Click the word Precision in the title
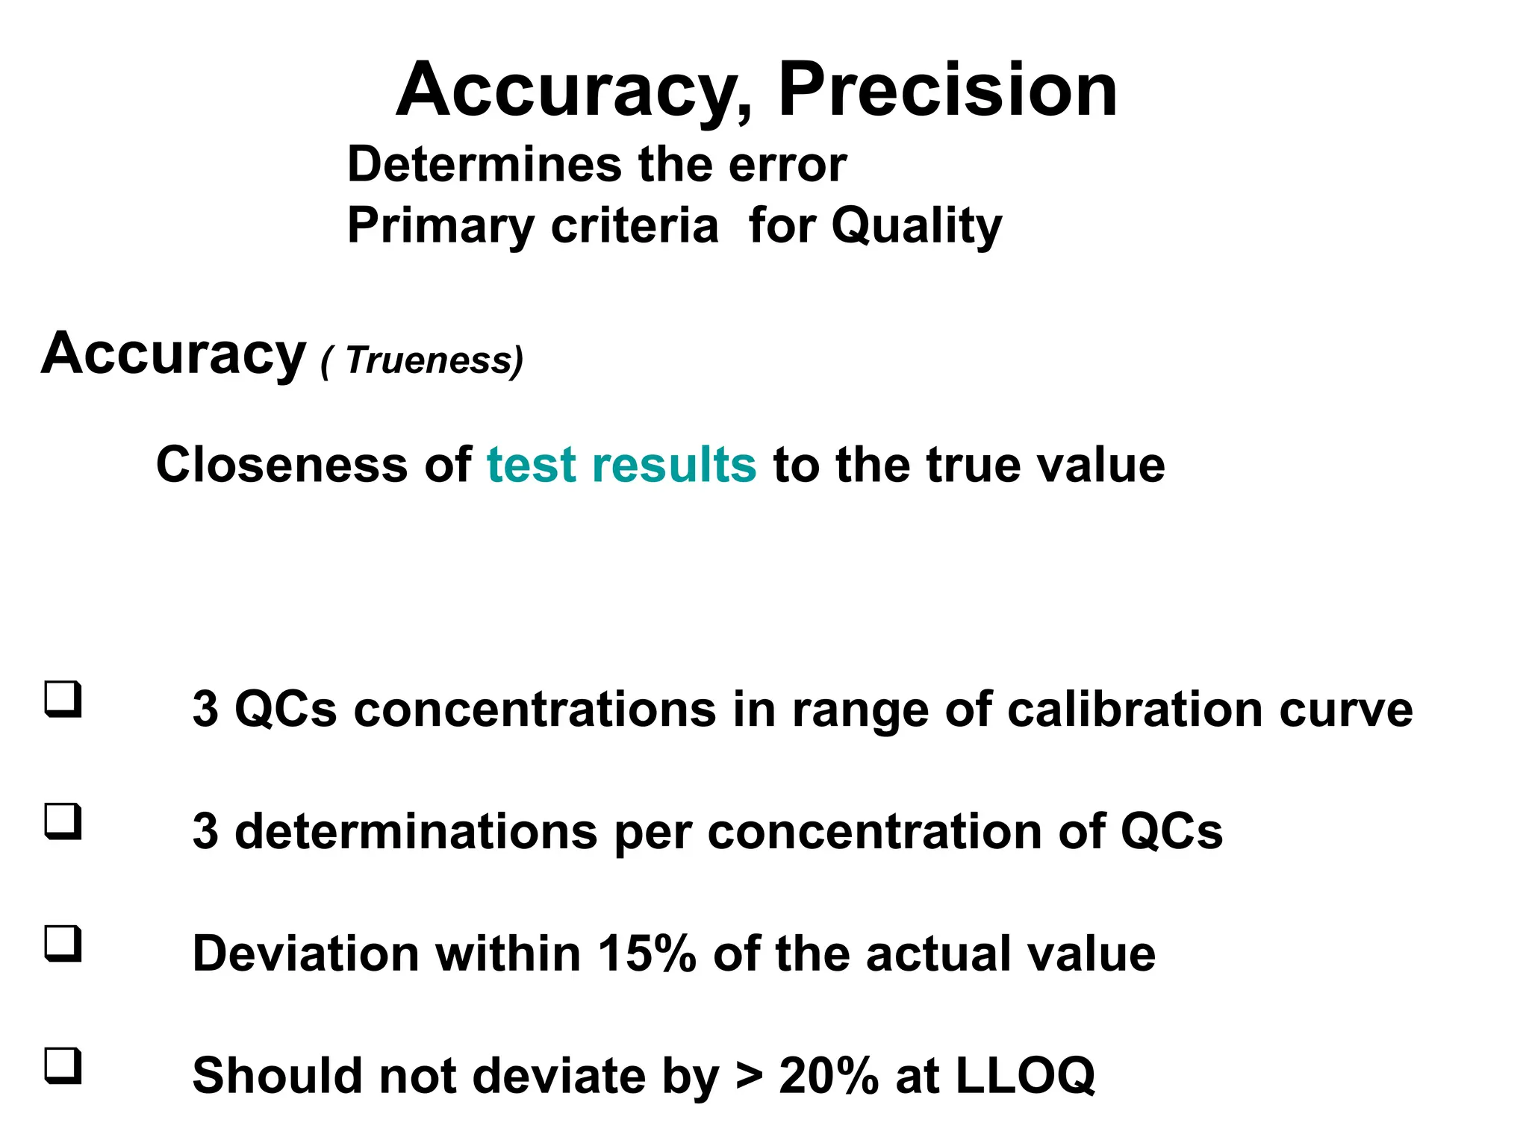(947, 90)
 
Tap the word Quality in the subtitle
(916, 226)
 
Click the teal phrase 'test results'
(621, 465)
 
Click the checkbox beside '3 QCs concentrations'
(63, 699)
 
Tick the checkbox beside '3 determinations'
(63, 821)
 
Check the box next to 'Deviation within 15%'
(63, 944)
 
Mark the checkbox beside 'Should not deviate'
(63, 1066)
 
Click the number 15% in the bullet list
(647, 954)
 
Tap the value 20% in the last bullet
(828, 1076)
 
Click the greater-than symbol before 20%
(749, 1076)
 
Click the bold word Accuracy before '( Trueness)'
(173, 354)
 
